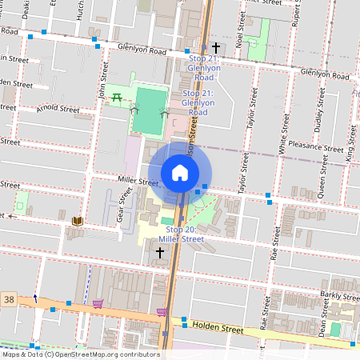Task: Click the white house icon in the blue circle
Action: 180,173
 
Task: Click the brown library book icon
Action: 77,221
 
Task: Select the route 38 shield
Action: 8,297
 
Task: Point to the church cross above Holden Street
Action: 159,253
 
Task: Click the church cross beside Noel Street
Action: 215,48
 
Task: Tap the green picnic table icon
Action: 117,98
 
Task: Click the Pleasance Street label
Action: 317,148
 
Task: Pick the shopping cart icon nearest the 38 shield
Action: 98,303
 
